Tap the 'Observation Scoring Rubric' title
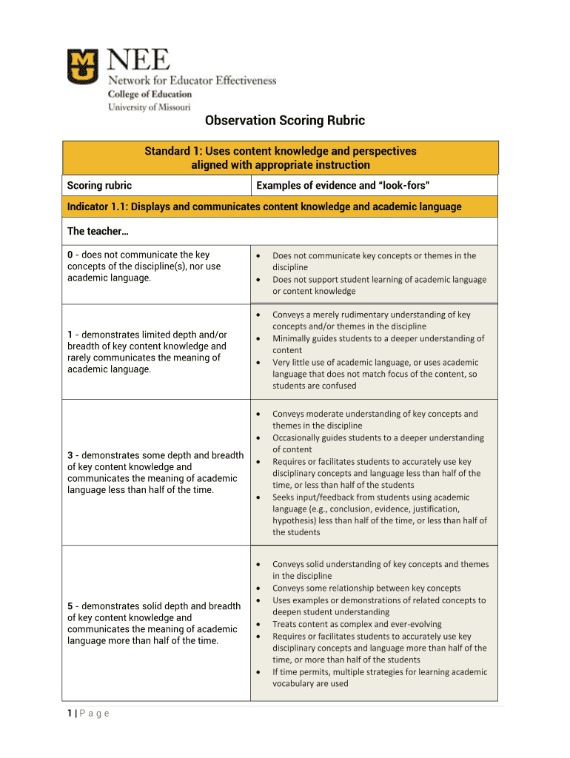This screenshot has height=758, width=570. tap(285, 121)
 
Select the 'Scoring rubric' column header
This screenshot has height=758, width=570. tap(99, 185)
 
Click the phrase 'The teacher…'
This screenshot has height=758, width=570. tap(98, 232)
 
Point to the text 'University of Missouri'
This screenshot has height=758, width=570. tap(149, 107)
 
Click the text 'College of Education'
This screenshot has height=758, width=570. tap(150, 94)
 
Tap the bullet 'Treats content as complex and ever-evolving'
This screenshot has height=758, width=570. tap(357, 624)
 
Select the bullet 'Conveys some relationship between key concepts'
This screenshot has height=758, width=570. tap(366, 588)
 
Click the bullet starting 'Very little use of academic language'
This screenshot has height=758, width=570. tap(375, 363)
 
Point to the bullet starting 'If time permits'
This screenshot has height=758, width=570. tap(379, 672)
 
